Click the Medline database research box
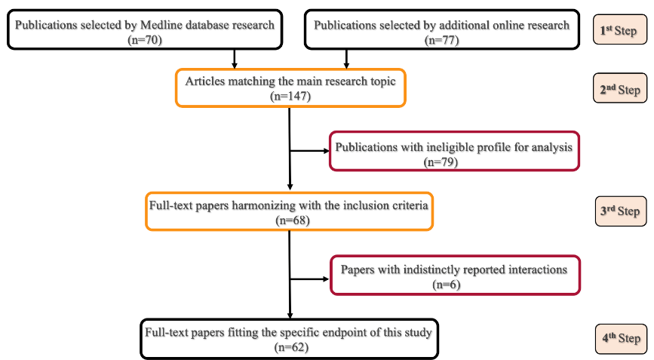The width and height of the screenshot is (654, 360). tap(145, 31)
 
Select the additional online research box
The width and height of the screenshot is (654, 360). tap(442, 31)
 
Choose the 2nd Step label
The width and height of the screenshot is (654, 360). tap(621, 91)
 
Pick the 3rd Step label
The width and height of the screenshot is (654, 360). tap(621, 211)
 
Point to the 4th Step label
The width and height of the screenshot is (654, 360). tap(621, 339)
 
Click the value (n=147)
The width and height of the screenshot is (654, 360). tap(290, 97)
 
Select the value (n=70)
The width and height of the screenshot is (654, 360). tap(145, 39)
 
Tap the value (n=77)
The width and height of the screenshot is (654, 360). tap(442, 39)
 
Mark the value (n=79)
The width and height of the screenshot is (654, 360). tap(454, 160)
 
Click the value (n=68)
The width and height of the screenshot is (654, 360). tap(290, 220)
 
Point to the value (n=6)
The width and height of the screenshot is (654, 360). tap(453, 284)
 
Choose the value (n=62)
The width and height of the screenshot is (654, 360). tap(290, 347)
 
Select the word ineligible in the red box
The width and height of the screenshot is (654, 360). tap(426, 146)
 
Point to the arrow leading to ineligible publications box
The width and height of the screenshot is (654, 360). tap(309, 150)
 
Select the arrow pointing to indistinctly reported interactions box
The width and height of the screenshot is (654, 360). tap(309, 278)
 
